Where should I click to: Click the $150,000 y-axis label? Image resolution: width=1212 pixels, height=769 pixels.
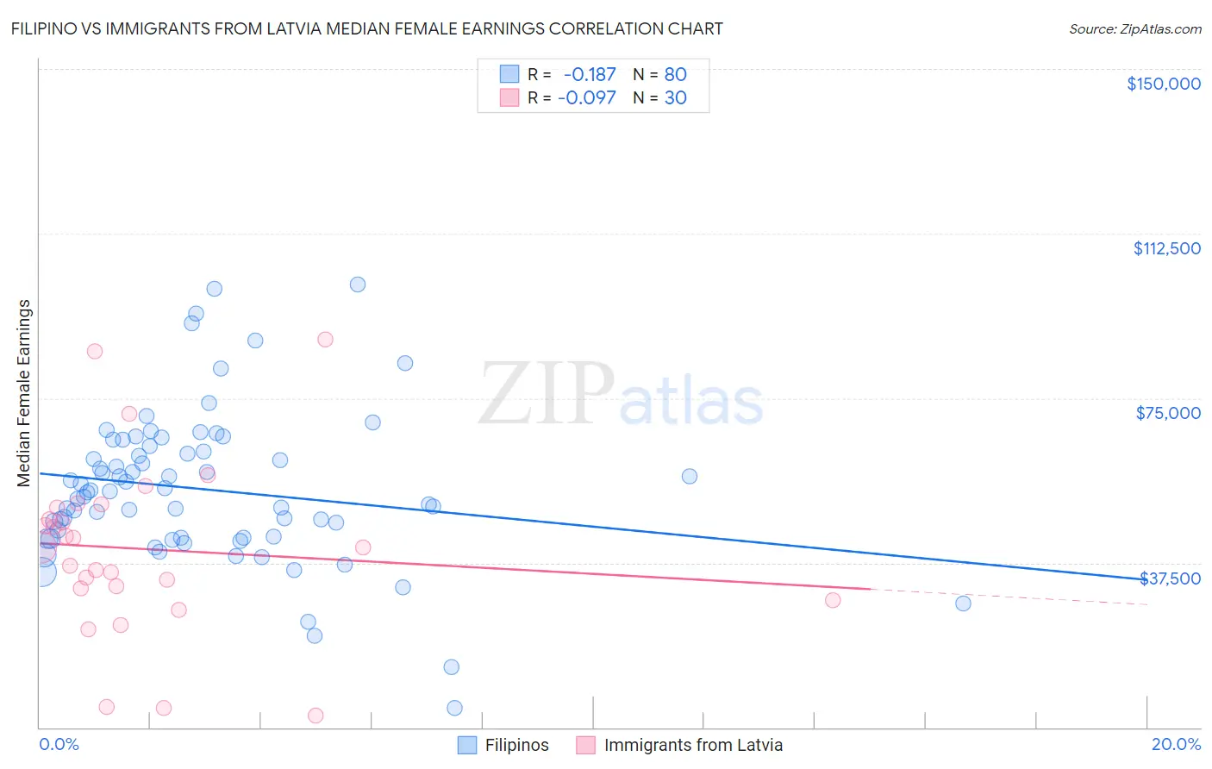1163,84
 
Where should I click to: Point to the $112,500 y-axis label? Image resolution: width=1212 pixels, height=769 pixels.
1166,248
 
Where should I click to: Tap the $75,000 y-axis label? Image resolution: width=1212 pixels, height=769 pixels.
1168,413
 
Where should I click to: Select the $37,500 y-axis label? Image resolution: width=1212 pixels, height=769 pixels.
1170,578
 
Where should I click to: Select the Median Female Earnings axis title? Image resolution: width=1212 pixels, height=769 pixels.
24,393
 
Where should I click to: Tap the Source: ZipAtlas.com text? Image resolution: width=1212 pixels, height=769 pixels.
1134,28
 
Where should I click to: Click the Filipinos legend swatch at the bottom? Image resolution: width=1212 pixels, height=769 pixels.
467,745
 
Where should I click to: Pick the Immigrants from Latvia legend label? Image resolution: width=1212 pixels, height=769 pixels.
693,745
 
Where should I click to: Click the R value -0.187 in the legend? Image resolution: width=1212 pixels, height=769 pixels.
590,74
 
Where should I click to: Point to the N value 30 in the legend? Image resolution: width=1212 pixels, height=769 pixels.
675,98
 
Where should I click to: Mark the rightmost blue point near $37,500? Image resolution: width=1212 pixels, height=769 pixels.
963,603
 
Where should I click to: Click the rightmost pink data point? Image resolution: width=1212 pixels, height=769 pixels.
833,600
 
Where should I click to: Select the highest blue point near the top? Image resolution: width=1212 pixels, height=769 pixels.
358,284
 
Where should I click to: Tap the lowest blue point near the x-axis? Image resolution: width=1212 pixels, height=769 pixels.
454,708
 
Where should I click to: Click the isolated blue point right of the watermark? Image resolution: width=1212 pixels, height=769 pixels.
690,476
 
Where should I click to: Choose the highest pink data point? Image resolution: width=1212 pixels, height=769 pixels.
325,339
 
